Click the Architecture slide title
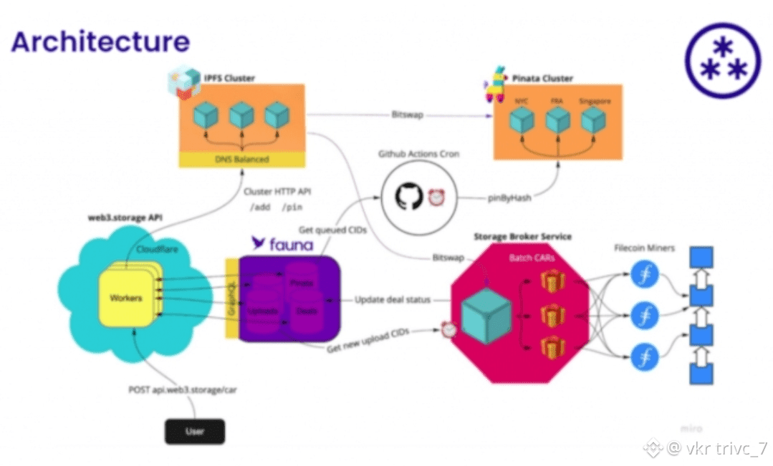click(100, 41)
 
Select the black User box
click(195, 431)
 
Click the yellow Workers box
click(126, 296)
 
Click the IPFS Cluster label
click(229, 77)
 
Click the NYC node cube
click(521, 120)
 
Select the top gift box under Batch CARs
click(553, 280)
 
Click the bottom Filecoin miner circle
click(644, 355)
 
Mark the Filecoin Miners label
click(644, 248)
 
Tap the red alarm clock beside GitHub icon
click(437, 198)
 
